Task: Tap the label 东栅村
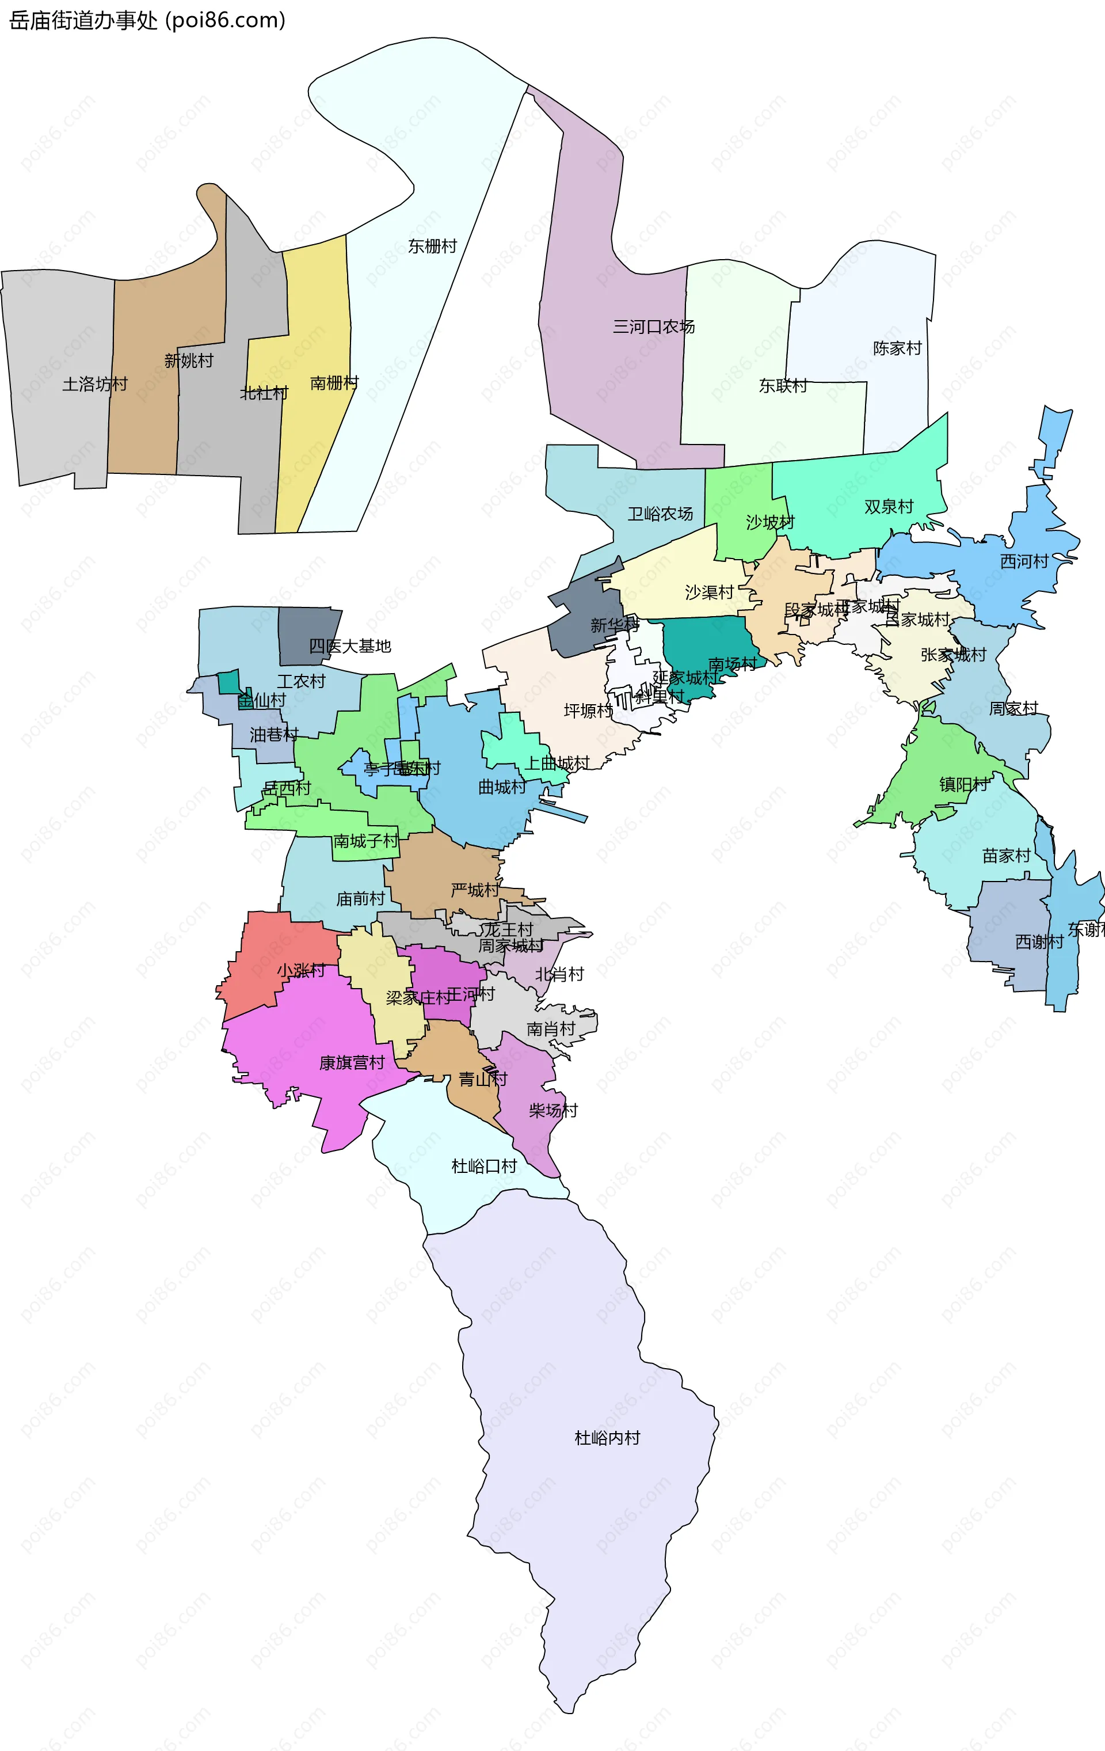pyautogui.click(x=432, y=246)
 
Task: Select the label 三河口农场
pyautogui.click(x=653, y=326)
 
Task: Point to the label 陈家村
pyautogui.click(x=897, y=348)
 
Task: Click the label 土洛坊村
pyautogui.click(x=94, y=384)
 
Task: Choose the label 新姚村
pyautogui.click(x=188, y=360)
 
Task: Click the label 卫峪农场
pyautogui.click(x=660, y=514)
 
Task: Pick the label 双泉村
pyautogui.click(x=889, y=507)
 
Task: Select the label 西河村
pyautogui.click(x=1024, y=561)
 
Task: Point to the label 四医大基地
pyautogui.click(x=350, y=645)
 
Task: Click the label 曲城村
pyautogui.click(x=502, y=787)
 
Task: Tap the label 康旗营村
pyautogui.click(x=352, y=1063)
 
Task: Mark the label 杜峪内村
pyautogui.click(x=607, y=1438)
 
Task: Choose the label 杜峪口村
pyautogui.click(x=483, y=1167)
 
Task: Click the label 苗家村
pyautogui.click(x=1006, y=856)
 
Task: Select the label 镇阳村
pyautogui.click(x=963, y=785)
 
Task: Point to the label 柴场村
pyautogui.click(x=552, y=1110)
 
